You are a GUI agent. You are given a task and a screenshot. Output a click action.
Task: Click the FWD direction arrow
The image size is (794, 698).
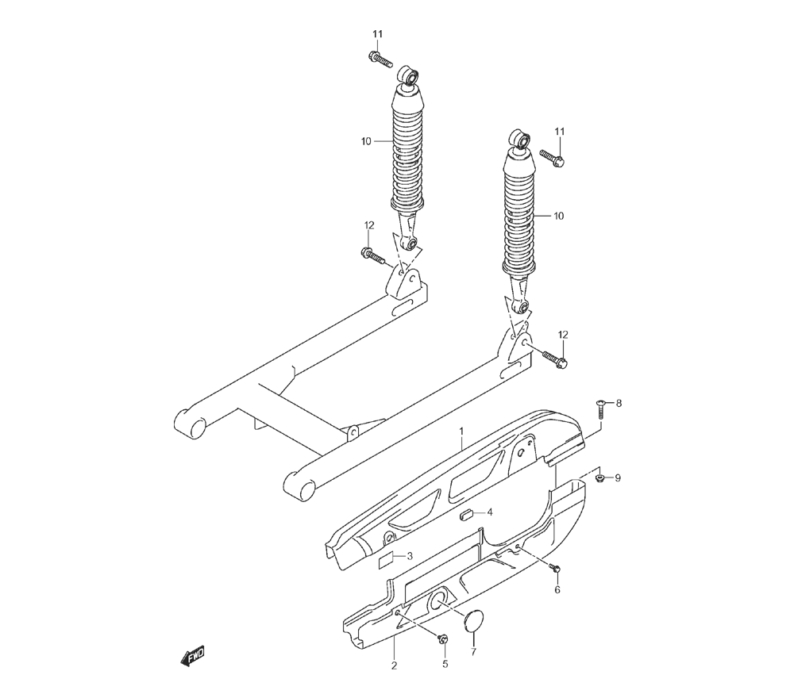click(192, 656)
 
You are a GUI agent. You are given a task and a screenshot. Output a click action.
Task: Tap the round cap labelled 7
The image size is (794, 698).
click(473, 620)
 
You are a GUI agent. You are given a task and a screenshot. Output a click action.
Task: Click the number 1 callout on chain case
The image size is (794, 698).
click(461, 431)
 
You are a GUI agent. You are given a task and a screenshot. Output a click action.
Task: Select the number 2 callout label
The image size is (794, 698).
click(394, 665)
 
